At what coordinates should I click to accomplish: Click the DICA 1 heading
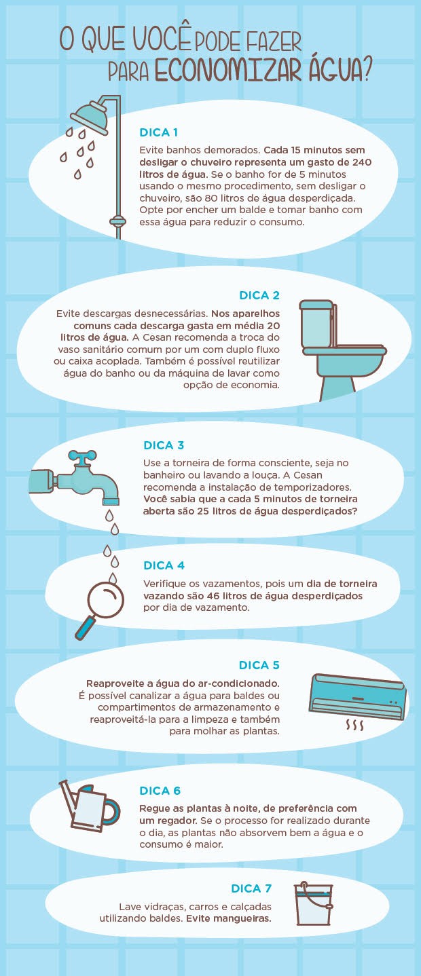158,132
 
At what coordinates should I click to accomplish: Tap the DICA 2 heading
259,295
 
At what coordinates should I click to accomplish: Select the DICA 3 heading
164,445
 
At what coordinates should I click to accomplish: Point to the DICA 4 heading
164,565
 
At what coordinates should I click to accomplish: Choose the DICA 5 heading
259,665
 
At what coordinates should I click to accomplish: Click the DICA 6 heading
160,791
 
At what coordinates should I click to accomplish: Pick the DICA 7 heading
255,888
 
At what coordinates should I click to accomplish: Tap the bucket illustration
313,906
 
